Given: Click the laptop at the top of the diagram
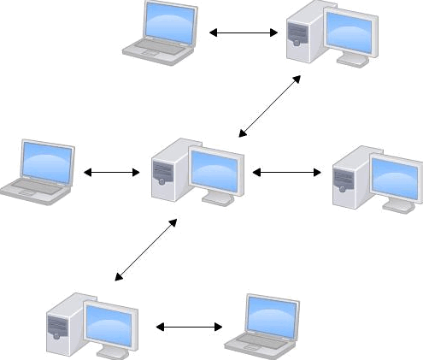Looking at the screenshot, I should (x=160, y=32).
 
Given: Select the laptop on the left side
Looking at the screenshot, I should (x=38, y=169).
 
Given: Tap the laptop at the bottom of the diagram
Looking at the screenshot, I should (x=262, y=325).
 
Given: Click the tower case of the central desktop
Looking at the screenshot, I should (x=164, y=170).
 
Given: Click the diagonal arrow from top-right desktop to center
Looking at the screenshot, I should (x=270, y=105).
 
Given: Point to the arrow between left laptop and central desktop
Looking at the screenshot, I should (x=111, y=173).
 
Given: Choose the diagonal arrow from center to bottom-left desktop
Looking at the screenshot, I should (x=146, y=249).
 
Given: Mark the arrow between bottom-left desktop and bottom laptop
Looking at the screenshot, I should (x=189, y=327).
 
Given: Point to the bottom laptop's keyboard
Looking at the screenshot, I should (x=256, y=341).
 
